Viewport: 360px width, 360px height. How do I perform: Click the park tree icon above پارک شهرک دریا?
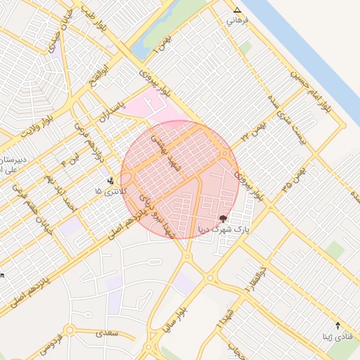tap(224, 219)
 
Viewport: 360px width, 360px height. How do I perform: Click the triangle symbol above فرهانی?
tap(237, 11)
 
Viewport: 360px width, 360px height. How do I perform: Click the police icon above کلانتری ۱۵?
tap(110, 179)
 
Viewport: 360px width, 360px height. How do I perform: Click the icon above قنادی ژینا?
tap(338, 326)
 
